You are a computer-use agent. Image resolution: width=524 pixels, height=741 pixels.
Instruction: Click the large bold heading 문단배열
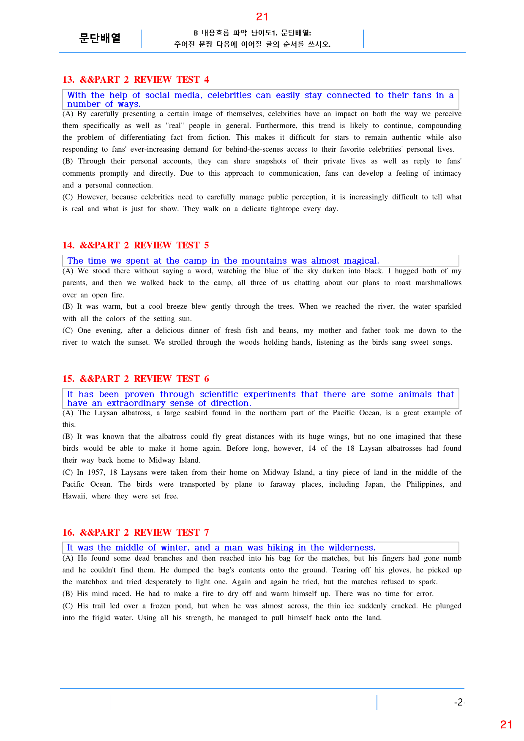click(x=100, y=38)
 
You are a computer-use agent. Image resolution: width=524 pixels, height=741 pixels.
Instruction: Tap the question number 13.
click(x=68, y=80)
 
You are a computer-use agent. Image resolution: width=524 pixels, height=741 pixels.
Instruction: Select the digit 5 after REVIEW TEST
click(x=206, y=245)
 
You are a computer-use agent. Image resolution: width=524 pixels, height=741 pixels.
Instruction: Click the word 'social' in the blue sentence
click(x=157, y=95)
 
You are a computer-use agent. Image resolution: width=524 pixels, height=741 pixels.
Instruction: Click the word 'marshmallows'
click(x=438, y=283)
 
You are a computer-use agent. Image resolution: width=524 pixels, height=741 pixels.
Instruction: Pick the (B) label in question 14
click(x=68, y=306)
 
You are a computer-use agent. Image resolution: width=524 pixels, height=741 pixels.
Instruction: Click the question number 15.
click(x=68, y=379)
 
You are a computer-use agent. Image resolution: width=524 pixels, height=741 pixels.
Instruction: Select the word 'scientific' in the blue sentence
click(x=219, y=395)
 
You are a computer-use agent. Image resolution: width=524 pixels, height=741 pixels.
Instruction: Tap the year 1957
click(x=96, y=472)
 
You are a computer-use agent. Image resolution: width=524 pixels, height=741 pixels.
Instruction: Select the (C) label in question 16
click(x=68, y=606)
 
